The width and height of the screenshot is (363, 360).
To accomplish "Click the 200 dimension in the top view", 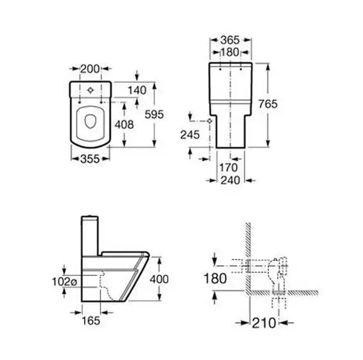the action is tap(90, 69).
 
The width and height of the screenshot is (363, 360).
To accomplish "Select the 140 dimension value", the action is tap(137, 90).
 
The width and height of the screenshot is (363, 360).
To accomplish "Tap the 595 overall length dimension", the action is tap(154, 114).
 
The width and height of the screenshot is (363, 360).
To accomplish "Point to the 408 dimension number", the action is tap(125, 125).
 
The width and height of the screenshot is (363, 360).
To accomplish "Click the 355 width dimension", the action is tap(90, 159).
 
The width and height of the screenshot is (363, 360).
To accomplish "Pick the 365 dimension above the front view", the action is tap(230, 41).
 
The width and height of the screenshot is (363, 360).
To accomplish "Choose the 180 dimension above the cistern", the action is tap(229, 52).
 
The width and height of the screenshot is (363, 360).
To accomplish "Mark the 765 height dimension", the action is tap(268, 104).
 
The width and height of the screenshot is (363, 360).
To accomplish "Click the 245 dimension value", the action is tap(190, 135).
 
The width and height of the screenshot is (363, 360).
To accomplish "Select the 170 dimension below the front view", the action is tap(229, 168).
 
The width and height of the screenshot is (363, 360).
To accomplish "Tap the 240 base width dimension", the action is tap(231, 180).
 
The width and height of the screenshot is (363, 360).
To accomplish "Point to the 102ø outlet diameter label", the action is tap(64, 282).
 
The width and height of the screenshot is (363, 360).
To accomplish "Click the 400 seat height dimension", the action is tap(159, 279).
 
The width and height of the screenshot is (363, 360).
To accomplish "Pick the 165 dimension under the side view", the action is tap(91, 321).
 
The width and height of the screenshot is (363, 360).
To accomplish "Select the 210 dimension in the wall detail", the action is tap(264, 322).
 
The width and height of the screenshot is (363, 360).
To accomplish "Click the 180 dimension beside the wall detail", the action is tap(215, 278).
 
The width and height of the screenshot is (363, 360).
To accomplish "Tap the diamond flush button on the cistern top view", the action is tap(91, 90).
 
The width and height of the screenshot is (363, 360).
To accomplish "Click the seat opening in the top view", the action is tap(90, 121).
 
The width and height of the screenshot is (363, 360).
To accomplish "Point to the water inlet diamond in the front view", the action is tap(210, 121).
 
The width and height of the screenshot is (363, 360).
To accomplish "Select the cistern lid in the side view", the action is tap(90, 217).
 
